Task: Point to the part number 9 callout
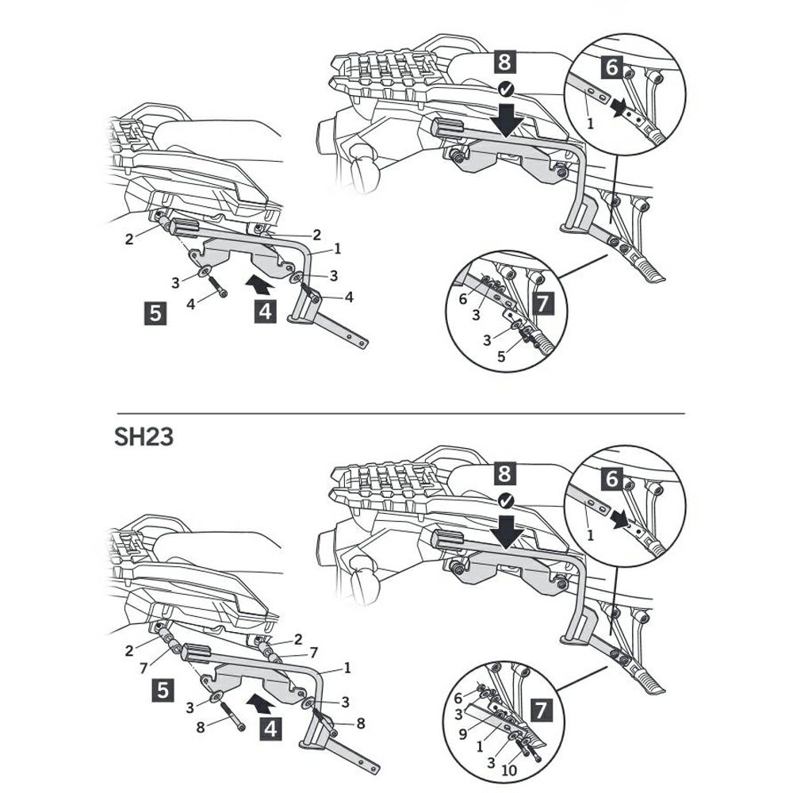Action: point(463,734)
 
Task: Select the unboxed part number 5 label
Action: point(500,357)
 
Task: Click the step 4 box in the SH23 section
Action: point(270,730)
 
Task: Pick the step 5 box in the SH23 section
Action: point(163,690)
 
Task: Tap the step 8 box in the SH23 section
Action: point(504,474)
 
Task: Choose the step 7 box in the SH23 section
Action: point(541,710)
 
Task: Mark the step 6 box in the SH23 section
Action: point(612,478)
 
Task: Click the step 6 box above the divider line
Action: point(612,67)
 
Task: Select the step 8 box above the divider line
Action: point(504,62)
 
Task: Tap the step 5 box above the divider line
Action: point(155,313)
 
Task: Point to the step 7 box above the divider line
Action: point(542,304)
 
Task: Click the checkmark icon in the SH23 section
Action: point(506,501)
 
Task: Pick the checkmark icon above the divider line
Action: point(506,90)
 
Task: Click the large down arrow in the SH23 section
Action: point(509,531)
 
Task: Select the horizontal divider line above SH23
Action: point(400,414)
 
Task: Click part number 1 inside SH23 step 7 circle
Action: point(480,746)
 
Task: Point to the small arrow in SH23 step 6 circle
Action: point(620,519)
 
